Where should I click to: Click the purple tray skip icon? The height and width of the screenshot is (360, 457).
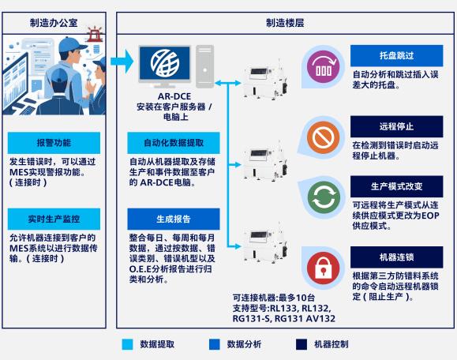coord(323,66)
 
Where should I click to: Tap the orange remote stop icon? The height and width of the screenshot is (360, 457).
coord(323,137)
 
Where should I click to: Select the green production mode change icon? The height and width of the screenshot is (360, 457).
coord(324,197)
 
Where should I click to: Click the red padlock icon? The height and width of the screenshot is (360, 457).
coord(323,268)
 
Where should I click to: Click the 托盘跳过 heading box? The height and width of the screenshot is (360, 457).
coord(397,56)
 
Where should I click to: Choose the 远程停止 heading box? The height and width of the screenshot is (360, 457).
coord(397,126)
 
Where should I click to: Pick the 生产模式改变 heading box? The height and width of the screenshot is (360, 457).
coord(397,186)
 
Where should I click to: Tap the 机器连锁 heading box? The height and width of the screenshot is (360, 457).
coord(397,257)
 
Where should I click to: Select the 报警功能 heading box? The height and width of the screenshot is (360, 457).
coord(54,143)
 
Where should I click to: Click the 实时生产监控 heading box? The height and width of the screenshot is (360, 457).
coord(54,219)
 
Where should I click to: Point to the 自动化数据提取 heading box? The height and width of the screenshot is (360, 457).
coord(174,143)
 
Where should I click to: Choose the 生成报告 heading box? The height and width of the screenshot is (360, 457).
coord(174,219)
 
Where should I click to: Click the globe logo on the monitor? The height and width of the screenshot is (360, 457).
coord(165,63)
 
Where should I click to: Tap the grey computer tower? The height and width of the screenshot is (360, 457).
coord(204,66)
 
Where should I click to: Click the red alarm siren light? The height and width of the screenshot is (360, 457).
coord(95,35)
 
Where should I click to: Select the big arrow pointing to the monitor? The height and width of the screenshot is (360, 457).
coord(122,62)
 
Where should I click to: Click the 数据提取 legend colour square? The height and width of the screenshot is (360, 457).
coord(127,344)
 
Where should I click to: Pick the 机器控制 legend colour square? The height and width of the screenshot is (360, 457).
coord(302,344)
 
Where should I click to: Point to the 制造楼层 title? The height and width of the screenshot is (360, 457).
coord(285,23)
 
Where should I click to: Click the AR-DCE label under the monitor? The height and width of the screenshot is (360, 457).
coord(174,96)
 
